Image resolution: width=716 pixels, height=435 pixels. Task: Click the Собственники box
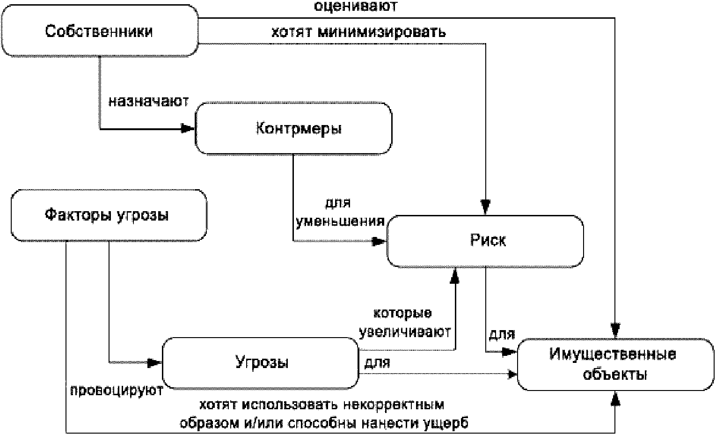[100, 31]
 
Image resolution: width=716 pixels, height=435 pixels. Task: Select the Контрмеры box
[293, 128]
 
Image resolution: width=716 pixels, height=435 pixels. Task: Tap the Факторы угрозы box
[109, 215]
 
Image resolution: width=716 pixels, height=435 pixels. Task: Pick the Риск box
[485, 241]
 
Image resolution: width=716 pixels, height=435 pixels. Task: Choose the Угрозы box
[261, 363]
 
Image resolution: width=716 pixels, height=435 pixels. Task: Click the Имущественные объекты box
[615, 364]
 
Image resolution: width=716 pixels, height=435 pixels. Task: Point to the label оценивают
[356, 6]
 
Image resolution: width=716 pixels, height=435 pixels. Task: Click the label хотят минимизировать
[358, 32]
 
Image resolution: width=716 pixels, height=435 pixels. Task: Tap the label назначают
[149, 101]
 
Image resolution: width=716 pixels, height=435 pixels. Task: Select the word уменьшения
[340, 221]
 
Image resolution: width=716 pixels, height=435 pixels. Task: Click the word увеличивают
[405, 332]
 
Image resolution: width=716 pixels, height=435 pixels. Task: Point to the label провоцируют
[117, 390]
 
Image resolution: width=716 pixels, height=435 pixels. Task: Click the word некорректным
[394, 405]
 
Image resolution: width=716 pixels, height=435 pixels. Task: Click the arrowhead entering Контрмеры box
[188, 129]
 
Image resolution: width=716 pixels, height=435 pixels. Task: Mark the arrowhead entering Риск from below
[454, 275]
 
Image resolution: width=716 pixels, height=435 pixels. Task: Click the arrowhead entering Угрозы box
[155, 363]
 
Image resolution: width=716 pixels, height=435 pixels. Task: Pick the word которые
[403, 313]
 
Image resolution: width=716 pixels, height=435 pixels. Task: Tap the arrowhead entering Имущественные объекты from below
[615, 398]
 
